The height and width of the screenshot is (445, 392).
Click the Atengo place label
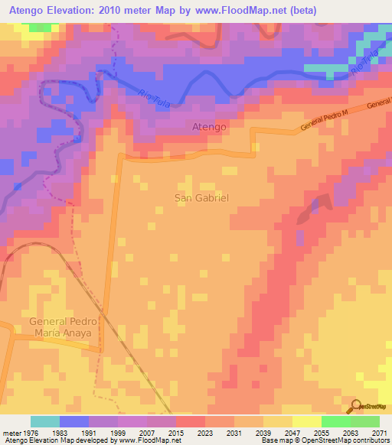(x=208, y=128)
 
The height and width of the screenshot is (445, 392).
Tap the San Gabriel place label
(x=202, y=197)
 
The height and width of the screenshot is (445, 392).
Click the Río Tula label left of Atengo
(x=155, y=99)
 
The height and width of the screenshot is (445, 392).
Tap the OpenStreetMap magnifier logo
(x=355, y=406)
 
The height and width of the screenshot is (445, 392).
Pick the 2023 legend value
(x=205, y=433)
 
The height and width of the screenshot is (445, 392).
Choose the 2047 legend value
(x=292, y=433)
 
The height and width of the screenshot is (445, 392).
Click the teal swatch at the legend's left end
(x=44, y=421)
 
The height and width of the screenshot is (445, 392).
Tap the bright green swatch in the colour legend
(x=335, y=421)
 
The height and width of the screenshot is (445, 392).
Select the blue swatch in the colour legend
(x=73, y=421)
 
